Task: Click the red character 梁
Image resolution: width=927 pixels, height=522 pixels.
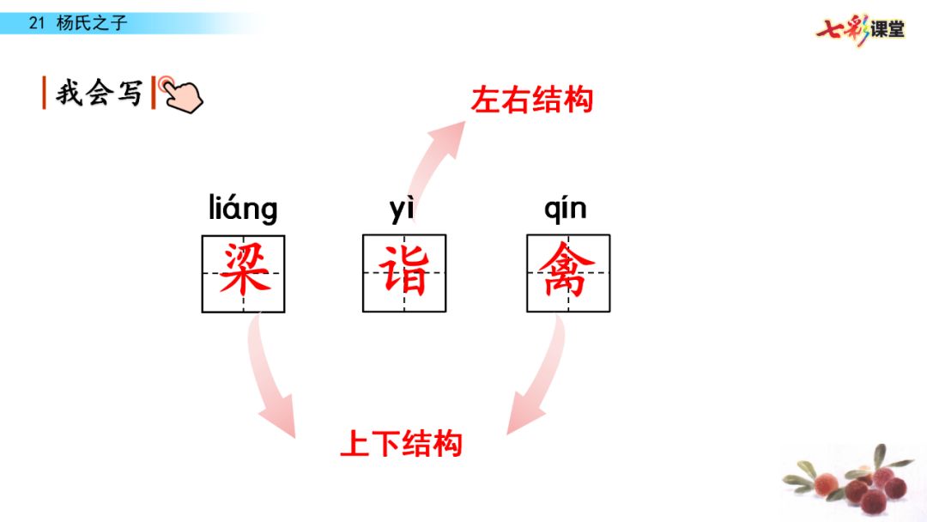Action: point(244,271)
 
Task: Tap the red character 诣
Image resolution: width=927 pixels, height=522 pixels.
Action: point(404,271)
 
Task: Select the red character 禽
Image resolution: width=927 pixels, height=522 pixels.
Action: point(567,271)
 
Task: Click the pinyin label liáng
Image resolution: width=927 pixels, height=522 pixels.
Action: point(243,209)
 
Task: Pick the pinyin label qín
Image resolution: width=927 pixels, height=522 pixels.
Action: point(566,209)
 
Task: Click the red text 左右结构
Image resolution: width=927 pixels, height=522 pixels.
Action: point(532,100)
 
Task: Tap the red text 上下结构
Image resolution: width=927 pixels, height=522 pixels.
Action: point(402,443)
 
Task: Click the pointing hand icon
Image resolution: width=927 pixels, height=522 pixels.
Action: point(181,94)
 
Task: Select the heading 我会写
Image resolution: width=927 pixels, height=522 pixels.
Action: point(99,93)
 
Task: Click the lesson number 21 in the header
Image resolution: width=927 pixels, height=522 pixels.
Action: point(36,23)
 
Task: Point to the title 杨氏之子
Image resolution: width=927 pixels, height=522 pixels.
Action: point(91,23)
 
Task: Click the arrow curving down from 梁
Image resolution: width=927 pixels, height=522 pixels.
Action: point(270,378)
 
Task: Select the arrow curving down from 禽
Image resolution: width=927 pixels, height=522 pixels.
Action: point(537,378)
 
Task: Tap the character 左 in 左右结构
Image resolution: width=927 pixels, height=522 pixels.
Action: point(486,100)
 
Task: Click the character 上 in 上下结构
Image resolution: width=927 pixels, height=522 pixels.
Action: point(355,443)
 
